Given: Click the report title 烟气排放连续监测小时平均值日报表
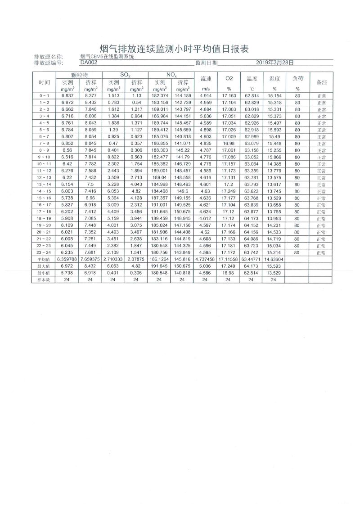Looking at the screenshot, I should tap(174, 49).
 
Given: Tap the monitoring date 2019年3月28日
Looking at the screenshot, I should tap(274, 63).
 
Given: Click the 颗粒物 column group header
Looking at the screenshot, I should tap(79, 74).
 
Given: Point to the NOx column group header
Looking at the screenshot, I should tap(171, 74).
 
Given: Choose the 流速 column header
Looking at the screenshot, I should tap(205, 78).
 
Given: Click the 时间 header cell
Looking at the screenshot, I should tap(44, 82).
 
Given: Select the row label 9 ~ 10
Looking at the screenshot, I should tap(44, 157).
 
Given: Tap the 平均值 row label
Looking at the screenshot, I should tap(44, 259).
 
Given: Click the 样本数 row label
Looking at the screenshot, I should tap(44, 279).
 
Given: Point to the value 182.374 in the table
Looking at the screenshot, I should tap(159, 96).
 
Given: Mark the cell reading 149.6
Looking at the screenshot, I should tap(182, 191).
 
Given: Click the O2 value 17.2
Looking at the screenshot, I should tap(229, 185).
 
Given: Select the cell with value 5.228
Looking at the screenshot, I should tap(113, 185).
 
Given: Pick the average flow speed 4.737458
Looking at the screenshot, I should tap(205, 259).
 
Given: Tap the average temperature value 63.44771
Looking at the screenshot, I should tap(251, 259).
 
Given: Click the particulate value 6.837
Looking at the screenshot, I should tap(67, 96).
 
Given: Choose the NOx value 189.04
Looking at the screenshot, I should tap(159, 178).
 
